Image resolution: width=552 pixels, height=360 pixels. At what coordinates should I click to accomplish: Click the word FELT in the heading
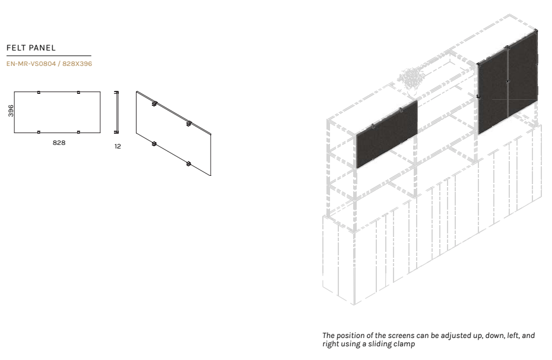[15, 48]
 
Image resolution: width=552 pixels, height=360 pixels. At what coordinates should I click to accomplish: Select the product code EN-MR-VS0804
[31, 64]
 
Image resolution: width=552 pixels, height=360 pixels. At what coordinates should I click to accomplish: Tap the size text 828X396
[77, 64]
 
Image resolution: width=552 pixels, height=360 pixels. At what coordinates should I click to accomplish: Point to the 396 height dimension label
[11, 110]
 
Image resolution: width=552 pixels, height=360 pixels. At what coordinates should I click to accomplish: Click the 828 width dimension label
[59, 143]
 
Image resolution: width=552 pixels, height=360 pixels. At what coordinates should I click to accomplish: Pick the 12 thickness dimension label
[118, 146]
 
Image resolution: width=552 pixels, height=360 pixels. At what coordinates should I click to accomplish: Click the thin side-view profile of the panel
[116, 112]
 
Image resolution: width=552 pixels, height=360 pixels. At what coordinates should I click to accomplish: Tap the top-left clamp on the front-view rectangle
[39, 92]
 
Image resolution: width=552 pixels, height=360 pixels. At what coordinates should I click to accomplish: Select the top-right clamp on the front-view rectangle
[78, 92]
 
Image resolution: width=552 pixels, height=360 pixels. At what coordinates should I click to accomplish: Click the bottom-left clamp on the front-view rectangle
[39, 132]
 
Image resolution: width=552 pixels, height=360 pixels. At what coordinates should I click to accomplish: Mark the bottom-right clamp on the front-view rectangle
[78, 132]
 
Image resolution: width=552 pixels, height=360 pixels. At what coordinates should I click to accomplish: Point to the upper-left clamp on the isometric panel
[154, 103]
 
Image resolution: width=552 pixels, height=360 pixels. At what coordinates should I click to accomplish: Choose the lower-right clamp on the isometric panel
[189, 164]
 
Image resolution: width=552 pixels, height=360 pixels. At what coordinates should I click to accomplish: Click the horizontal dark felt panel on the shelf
[386, 134]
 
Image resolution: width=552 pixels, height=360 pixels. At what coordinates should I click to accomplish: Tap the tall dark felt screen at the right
[507, 82]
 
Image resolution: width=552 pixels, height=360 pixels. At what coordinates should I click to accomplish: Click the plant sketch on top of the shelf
[411, 79]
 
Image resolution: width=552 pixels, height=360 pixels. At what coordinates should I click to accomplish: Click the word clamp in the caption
[404, 344]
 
